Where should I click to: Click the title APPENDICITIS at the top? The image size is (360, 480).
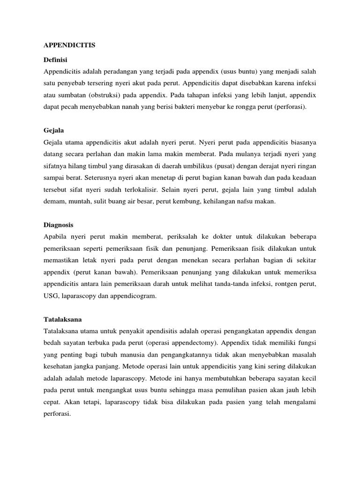[69, 45]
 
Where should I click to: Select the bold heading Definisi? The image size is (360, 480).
[56, 60]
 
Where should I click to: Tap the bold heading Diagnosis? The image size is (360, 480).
[58, 225]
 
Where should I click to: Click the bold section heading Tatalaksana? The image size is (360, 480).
[62, 319]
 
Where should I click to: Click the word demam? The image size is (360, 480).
[53, 202]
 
